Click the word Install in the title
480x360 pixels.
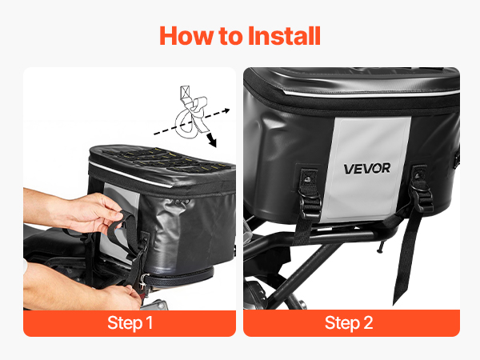click(284, 36)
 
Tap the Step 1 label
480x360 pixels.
click(130, 323)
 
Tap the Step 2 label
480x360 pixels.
click(349, 323)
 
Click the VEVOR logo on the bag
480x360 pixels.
click(366, 168)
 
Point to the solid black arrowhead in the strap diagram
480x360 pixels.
click(212, 141)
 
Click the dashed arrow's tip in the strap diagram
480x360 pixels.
click(228, 110)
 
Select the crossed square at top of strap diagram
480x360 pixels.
click(185, 92)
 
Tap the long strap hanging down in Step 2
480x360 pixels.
click(407, 254)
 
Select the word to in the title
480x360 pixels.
click(231, 37)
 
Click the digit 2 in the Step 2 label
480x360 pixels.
click(368, 322)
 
